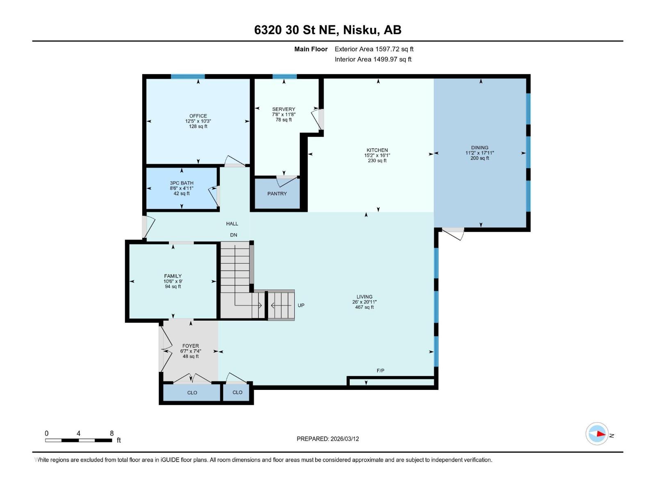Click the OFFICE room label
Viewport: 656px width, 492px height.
pos(198,116)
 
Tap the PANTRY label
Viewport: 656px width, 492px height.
pos(277,194)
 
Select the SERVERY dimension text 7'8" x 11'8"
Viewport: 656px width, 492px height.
pos(284,115)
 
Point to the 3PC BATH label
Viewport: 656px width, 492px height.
pos(182,183)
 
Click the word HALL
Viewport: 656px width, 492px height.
pos(232,224)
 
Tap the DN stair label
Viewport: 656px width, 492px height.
pos(233,235)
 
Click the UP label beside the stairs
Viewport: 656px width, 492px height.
pos(301,305)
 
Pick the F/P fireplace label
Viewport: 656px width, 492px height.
pos(380,371)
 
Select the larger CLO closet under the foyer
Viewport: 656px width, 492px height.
pos(192,393)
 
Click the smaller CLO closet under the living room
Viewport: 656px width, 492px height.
pos(237,392)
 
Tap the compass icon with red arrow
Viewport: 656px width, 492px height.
pos(597,434)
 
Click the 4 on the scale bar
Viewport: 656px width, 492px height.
pos(78,433)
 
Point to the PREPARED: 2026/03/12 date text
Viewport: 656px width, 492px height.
pos(328,439)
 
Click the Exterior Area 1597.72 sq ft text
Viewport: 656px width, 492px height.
pos(374,49)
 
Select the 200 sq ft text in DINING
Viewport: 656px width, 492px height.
pos(480,158)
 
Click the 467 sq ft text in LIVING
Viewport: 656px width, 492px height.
pos(364,307)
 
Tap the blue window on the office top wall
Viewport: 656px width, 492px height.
pos(188,77)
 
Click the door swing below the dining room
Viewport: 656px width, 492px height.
pos(453,233)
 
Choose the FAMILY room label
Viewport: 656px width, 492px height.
pos(173,276)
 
